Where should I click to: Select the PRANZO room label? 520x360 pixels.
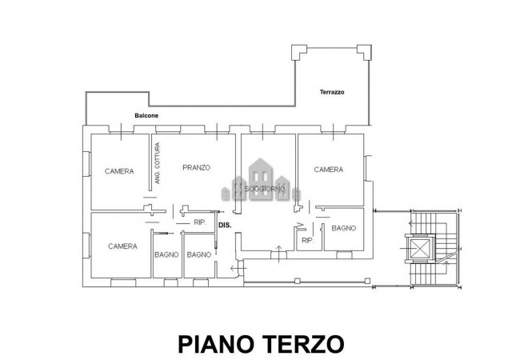tap(196, 167)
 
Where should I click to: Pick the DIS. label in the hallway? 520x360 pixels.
tap(225, 226)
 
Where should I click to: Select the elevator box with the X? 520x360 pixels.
tap(419, 250)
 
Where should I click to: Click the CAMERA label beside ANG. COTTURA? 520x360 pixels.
tap(119, 171)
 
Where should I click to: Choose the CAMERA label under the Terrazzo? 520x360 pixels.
tap(328, 169)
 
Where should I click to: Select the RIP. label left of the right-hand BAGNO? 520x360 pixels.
tap(306, 240)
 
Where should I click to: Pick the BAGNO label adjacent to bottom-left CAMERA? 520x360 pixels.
tap(166, 254)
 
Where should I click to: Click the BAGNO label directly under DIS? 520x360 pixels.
tap(198, 254)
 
